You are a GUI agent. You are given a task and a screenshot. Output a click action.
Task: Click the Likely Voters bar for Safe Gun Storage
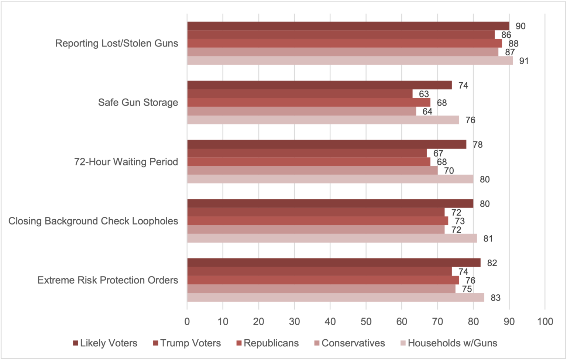[319, 85]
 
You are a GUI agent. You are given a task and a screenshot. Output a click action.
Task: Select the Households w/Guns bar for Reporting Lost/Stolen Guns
[350, 61]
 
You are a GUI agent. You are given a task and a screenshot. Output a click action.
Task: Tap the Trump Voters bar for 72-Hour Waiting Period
[307, 153]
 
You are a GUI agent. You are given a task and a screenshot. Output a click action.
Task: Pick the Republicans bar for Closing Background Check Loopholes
[317, 221]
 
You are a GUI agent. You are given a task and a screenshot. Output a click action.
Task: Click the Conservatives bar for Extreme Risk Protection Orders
[321, 289]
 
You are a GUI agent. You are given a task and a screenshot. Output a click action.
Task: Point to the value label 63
[424, 94]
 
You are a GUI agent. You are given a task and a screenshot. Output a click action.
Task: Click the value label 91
[524, 61]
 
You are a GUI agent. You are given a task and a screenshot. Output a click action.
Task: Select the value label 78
[478, 145]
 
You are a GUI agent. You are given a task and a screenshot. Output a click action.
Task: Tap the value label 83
[495, 298]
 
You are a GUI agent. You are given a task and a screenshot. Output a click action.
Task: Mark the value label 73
[460, 221]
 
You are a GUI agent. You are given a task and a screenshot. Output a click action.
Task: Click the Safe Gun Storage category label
[138, 103]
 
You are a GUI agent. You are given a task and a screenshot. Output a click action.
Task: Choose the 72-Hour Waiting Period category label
[126, 162]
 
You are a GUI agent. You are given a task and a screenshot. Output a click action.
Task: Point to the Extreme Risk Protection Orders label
[108, 280]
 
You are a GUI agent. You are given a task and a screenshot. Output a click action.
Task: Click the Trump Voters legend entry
[190, 343]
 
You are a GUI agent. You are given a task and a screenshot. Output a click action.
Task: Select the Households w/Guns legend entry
[452, 343]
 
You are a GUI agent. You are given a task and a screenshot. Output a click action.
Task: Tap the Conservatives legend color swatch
[317, 343]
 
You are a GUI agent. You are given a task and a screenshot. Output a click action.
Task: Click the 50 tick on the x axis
[366, 322]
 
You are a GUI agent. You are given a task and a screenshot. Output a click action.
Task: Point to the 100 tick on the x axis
[545, 322]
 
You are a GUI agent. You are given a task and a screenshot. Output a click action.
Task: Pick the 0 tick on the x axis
[187, 322]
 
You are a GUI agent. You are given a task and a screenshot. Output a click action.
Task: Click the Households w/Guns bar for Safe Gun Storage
[323, 120]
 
